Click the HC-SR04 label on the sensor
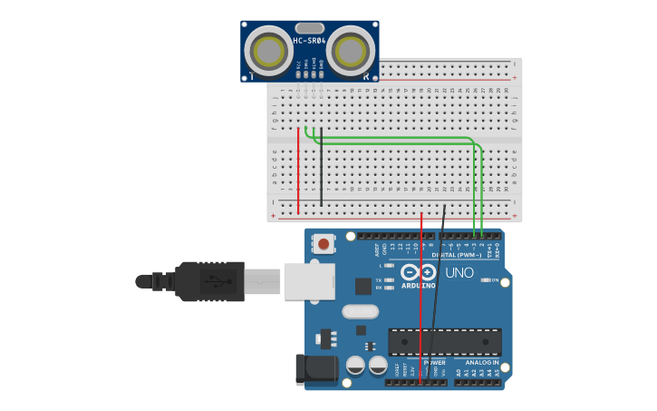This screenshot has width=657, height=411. click(x=309, y=42)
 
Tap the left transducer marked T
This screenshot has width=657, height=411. click(x=267, y=52)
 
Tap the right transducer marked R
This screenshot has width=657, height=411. click(x=351, y=52)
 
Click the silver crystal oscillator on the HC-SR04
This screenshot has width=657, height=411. click(x=309, y=28)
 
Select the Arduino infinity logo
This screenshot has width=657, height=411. click(x=417, y=272)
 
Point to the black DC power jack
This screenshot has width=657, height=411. click(x=317, y=368)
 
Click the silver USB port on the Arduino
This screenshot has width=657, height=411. click(x=309, y=280)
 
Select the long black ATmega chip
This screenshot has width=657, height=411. click(x=445, y=341)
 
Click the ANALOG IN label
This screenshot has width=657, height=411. click(x=483, y=362)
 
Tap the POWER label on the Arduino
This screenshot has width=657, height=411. click(x=423, y=362)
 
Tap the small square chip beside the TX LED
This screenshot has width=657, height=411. click(x=363, y=286)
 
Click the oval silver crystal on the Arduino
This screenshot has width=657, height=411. click(x=360, y=311)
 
